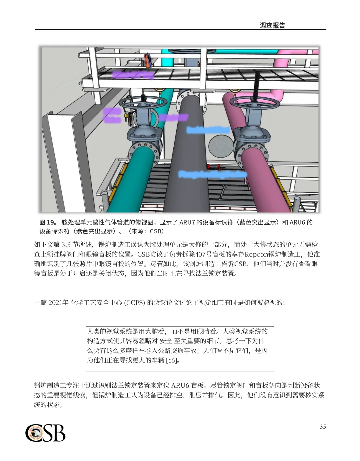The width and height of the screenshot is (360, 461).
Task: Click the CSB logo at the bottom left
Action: pyautogui.click(x=45, y=433)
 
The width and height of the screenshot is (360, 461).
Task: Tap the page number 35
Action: pyautogui.click(x=322, y=427)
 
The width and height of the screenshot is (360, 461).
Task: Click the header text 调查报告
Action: pyautogui.click(x=272, y=26)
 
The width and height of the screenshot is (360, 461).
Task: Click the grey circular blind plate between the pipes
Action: pyautogui.click(x=220, y=145)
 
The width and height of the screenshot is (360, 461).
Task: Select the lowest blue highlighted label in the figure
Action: pyautogui.click(x=213, y=174)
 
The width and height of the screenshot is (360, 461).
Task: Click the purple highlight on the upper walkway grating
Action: pyautogui.click(x=133, y=75)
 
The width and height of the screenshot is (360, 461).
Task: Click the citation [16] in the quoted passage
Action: pyautogui.click(x=171, y=360)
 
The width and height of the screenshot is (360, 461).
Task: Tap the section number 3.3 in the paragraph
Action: pyautogui.click(x=66, y=245)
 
